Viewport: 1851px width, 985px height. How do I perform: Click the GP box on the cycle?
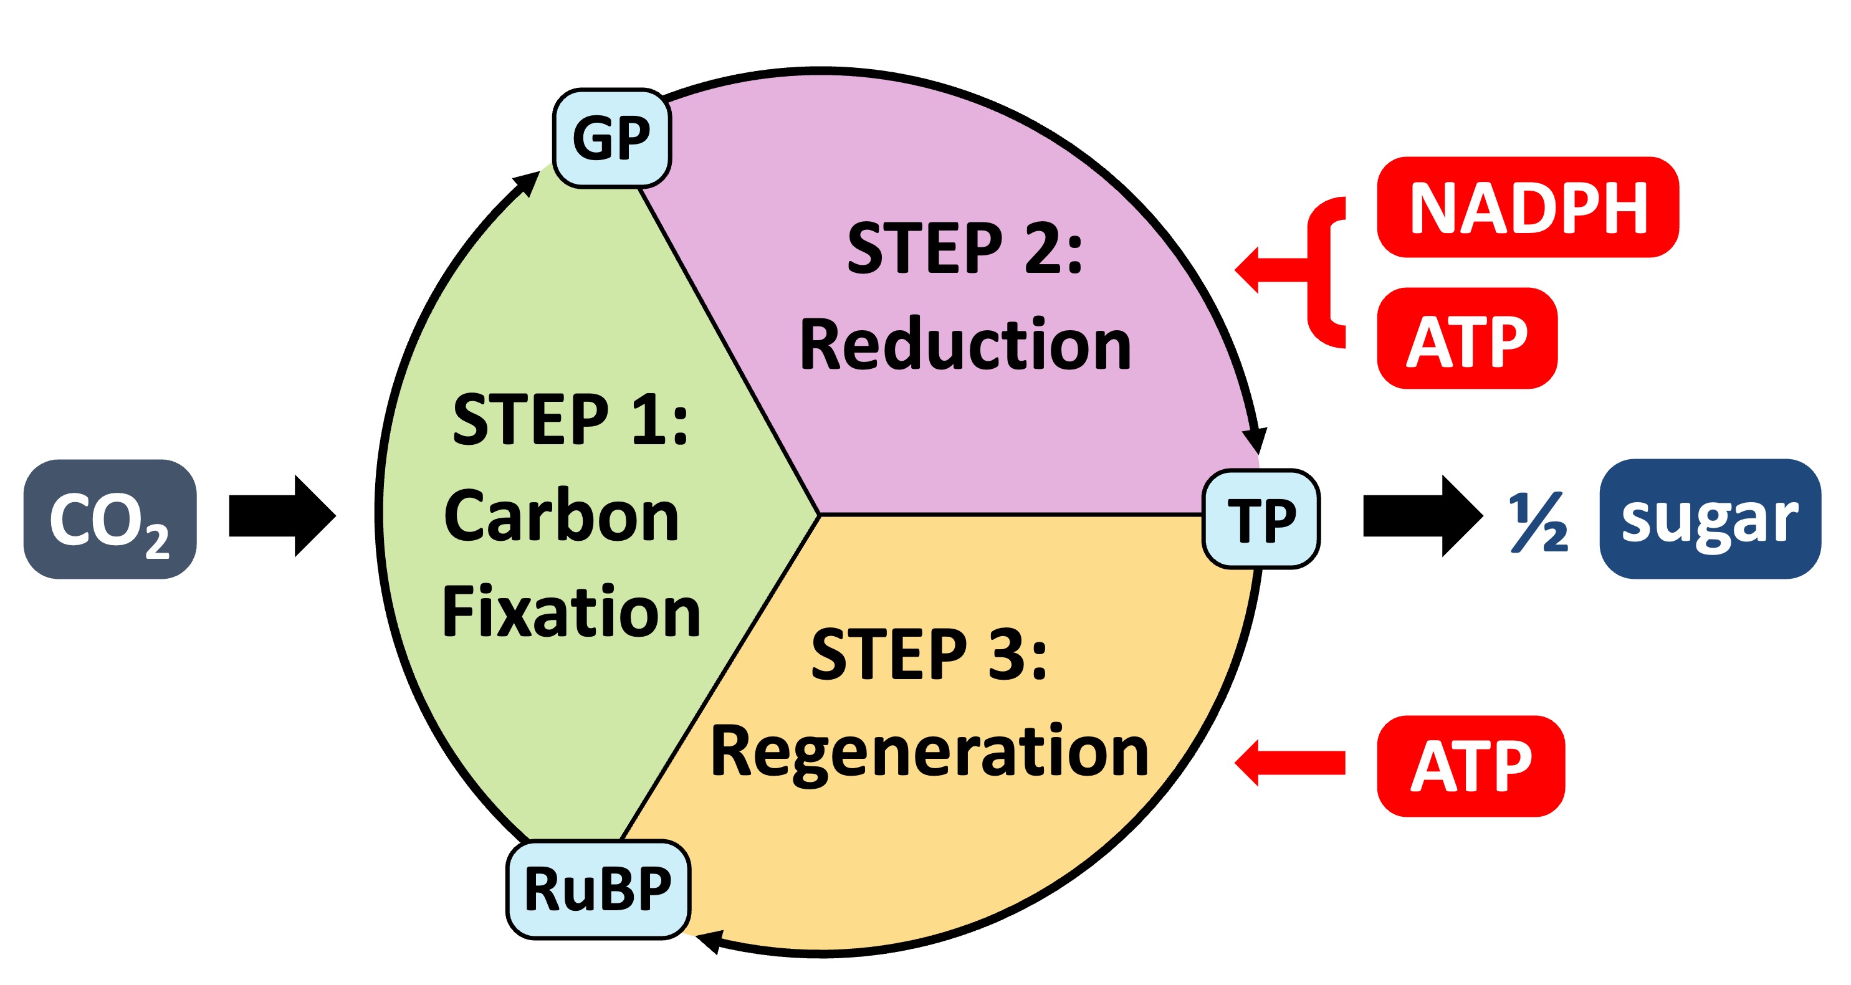[x=611, y=138]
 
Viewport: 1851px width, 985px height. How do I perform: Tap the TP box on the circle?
[x=1261, y=519]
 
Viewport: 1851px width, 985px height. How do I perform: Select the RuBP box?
[x=598, y=888]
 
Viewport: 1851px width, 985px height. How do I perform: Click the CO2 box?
[x=110, y=519]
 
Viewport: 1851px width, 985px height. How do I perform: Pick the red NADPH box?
[x=1527, y=207]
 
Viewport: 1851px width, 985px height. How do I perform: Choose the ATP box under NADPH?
[x=1466, y=338]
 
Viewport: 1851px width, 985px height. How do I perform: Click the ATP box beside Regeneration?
[x=1470, y=766]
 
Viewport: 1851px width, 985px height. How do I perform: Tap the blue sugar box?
[x=1710, y=519]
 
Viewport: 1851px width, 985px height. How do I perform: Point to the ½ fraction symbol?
[x=1538, y=522]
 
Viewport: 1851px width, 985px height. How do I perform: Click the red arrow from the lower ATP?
[x=1289, y=763]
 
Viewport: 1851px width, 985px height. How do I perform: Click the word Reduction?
[x=965, y=345]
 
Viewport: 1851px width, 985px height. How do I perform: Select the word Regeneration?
[x=929, y=752]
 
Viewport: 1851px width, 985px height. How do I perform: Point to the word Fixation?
[x=572, y=612]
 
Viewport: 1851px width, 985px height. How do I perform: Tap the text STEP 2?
[x=964, y=249]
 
